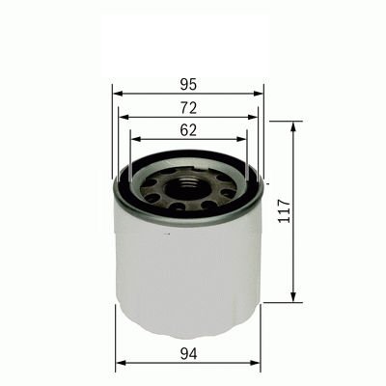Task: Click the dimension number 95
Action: [x=188, y=81]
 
